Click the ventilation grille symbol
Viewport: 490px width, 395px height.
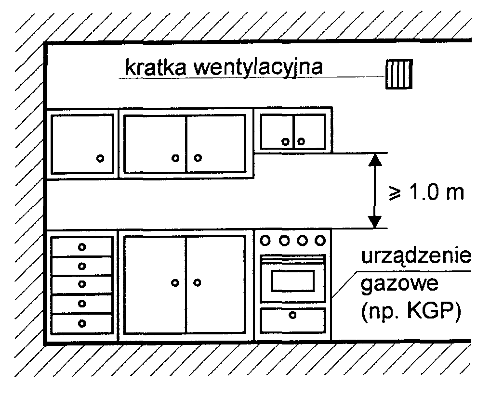point(399,75)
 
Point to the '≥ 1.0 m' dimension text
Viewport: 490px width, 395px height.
point(426,192)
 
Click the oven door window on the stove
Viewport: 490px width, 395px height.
point(292,280)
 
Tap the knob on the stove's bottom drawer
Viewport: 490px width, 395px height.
point(292,315)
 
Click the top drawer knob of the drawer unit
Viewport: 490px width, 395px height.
point(82,247)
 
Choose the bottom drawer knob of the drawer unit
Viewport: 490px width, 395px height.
point(82,323)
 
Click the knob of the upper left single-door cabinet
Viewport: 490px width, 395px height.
point(100,158)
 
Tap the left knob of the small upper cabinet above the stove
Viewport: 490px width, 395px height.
point(286,141)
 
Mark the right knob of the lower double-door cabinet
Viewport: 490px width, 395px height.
point(197,282)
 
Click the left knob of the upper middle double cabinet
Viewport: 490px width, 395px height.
point(176,157)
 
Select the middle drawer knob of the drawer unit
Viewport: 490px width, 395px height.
point(82,284)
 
